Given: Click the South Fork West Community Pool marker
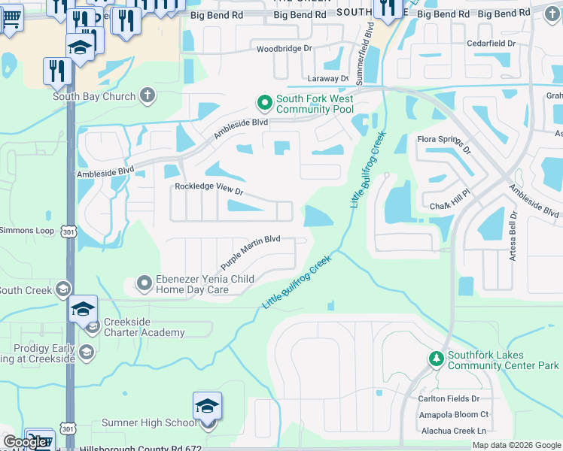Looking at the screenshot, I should point(264,102).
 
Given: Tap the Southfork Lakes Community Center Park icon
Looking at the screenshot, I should point(436,359).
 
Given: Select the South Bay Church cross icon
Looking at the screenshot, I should point(148,95).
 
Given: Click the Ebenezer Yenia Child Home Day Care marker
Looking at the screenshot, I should point(144,283).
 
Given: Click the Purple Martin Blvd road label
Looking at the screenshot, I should point(250,253).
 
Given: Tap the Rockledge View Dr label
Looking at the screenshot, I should point(209,189).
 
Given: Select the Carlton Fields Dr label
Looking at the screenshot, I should point(449,398).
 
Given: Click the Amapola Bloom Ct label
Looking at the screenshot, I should point(454,414).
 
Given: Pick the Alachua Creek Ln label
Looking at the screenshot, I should point(454,430).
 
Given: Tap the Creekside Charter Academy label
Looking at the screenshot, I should point(144,328).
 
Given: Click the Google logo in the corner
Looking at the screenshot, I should point(25,442).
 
